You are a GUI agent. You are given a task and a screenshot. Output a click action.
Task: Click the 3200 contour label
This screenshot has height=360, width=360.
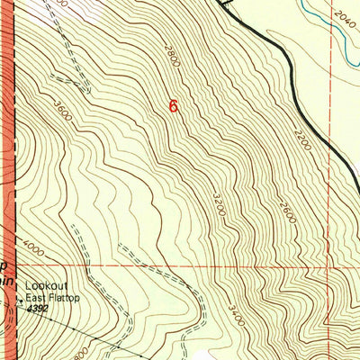pyautogui.click(x=217, y=202)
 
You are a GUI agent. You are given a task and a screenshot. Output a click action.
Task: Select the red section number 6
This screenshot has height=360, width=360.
pyautogui.click(x=173, y=106)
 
